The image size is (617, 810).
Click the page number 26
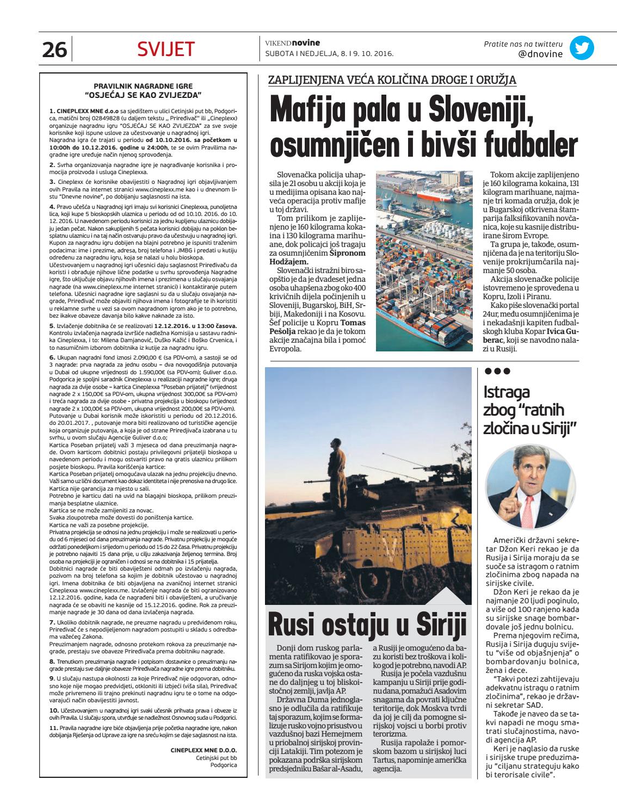(54, 50)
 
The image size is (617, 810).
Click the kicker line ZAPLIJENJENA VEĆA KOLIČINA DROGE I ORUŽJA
(392, 81)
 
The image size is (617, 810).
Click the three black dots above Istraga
(495, 372)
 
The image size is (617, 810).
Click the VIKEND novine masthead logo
(292, 43)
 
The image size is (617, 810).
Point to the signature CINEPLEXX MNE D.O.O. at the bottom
(207, 750)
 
